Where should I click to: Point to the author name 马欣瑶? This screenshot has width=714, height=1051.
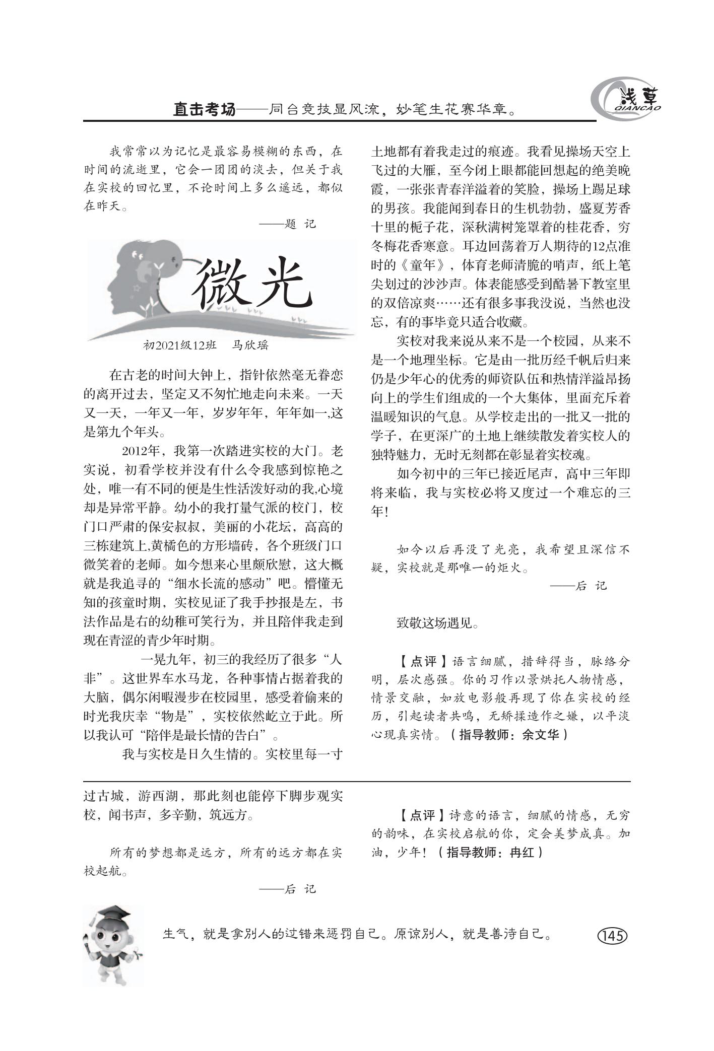pos(250,345)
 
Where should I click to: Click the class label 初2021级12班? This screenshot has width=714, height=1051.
pos(180,345)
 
